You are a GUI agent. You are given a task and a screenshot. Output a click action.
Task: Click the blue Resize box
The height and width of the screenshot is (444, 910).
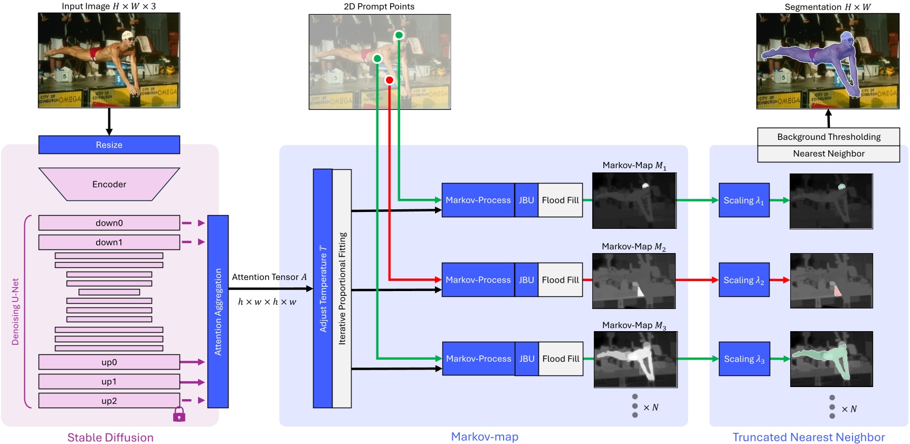(x=109, y=145)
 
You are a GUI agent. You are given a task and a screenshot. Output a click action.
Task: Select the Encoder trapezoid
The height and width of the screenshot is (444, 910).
(x=109, y=184)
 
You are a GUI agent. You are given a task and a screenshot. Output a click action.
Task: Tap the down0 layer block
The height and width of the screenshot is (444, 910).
(x=109, y=223)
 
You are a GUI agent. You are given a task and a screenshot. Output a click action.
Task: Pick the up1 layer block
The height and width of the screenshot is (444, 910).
(x=109, y=381)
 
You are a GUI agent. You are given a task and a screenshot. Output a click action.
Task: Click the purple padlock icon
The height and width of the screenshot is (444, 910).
(x=179, y=415)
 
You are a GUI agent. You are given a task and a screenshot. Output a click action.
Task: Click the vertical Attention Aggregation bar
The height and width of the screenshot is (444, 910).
(x=217, y=311)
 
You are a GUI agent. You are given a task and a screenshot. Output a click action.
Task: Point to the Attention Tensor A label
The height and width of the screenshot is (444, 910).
(x=269, y=277)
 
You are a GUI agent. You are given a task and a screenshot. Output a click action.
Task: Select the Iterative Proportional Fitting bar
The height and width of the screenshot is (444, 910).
(x=342, y=288)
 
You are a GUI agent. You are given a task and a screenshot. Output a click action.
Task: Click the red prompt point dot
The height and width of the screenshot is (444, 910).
(x=389, y=80)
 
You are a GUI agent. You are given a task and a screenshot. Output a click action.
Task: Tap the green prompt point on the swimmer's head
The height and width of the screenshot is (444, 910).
(x=399, y=35)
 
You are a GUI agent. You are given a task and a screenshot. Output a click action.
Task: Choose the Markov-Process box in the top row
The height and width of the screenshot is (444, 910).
(x=478, y=200)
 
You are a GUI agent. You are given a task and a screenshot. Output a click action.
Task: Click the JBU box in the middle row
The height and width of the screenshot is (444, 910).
(x=526, y=280)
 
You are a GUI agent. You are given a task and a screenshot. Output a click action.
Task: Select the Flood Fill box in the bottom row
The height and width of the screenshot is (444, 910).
(x=561, y=359)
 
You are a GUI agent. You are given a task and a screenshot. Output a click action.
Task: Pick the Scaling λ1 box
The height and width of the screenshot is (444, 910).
(x=744, y=200)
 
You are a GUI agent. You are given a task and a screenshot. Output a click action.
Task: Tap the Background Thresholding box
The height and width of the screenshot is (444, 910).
(x=828, y=137)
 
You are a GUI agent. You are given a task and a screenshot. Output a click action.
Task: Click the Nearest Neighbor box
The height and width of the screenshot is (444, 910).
(x=828, y=154)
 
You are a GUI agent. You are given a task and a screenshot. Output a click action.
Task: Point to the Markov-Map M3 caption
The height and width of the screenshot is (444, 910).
(x=634, y=325)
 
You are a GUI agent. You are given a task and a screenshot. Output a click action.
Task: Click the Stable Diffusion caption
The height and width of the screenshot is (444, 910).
(x=110, y=437)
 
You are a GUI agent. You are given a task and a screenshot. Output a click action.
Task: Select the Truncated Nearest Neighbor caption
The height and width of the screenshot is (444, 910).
(x=808, y=437)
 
